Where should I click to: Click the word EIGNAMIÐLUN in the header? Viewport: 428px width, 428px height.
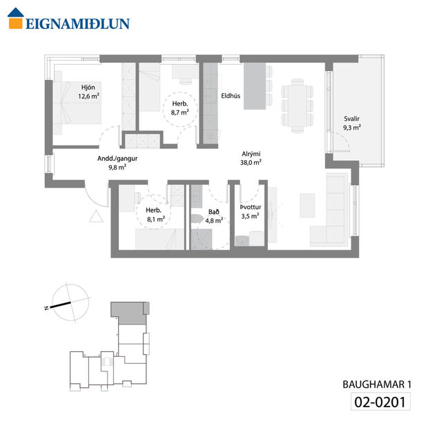pyautogui.click(x=77, y=23)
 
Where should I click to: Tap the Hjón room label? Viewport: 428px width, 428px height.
pyautogui.click(x=88, y=87)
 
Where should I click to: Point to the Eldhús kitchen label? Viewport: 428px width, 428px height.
pyautogui.click(x=230, y=96)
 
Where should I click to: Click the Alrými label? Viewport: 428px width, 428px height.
pyautogui.click(x=250, y=155)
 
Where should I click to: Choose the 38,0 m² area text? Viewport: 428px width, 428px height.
pyautogui.click(x=250, y=164)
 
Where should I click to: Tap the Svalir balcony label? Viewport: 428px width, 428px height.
pyautogui.click(x=352, y=118)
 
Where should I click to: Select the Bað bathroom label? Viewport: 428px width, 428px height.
pyautogui.click(x=214, y=212)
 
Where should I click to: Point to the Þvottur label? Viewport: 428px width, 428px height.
pyautogui.click(x=249, y=207)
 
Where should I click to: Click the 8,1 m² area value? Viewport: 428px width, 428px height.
pyautogui.click(x=155, y=220)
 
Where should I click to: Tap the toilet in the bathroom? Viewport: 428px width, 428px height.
pyautogui.click(x=197, y=220)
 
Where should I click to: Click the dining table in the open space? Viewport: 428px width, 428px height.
pyautogui.click(x=297, y=106)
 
